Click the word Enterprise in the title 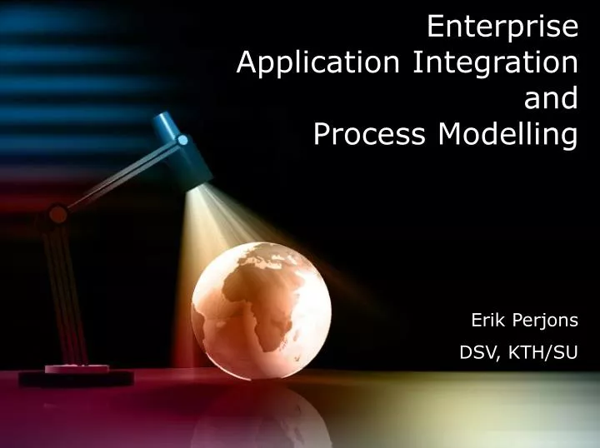click(502, 27)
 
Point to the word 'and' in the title click(550, 98)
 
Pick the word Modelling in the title click(507, 134)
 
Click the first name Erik click(487, 320)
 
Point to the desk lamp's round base click(76, 376)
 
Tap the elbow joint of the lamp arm click(57, 214)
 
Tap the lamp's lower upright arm click(67, 291)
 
